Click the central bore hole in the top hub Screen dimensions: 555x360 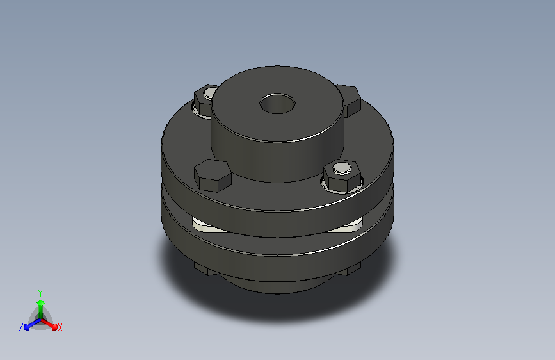(278, 104)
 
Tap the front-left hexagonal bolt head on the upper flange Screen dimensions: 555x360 (213, 176)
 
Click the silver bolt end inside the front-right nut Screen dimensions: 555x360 (342, 168)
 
